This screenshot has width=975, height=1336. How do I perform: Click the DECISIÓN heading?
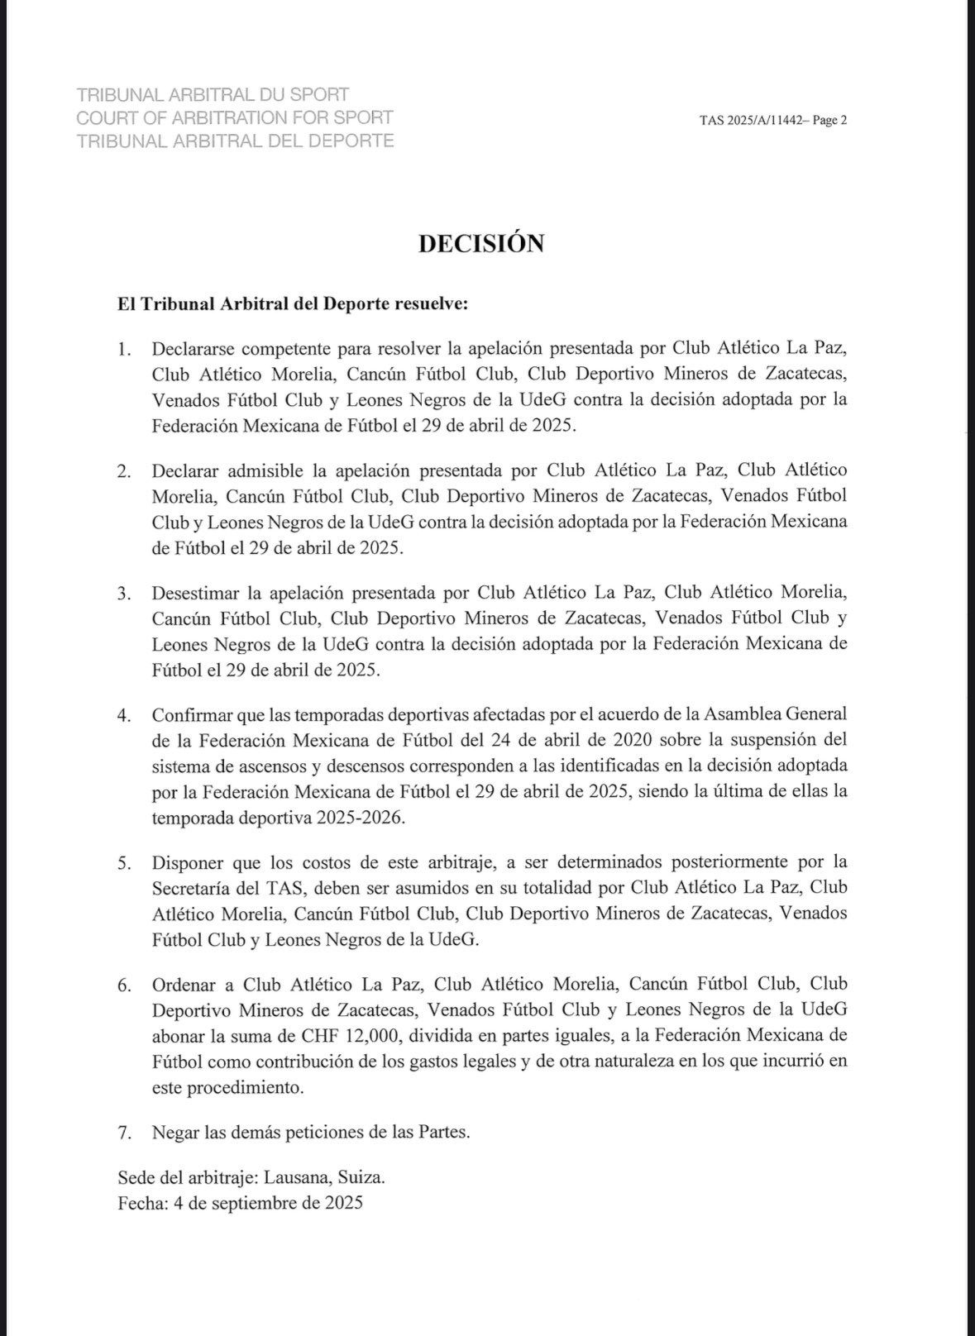(480, 243)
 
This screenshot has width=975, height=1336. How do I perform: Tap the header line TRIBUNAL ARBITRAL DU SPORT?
(212, 95)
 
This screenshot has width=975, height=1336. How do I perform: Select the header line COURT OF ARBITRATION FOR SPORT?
(234, 117)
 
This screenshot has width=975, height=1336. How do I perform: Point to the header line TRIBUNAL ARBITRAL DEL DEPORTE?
(235, 141)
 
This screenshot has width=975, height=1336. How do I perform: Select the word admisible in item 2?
(265, 470)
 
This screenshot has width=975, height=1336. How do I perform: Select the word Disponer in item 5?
(187, 862)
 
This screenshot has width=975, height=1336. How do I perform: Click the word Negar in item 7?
(174, 1133)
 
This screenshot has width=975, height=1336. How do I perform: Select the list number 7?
(125, 1133)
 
